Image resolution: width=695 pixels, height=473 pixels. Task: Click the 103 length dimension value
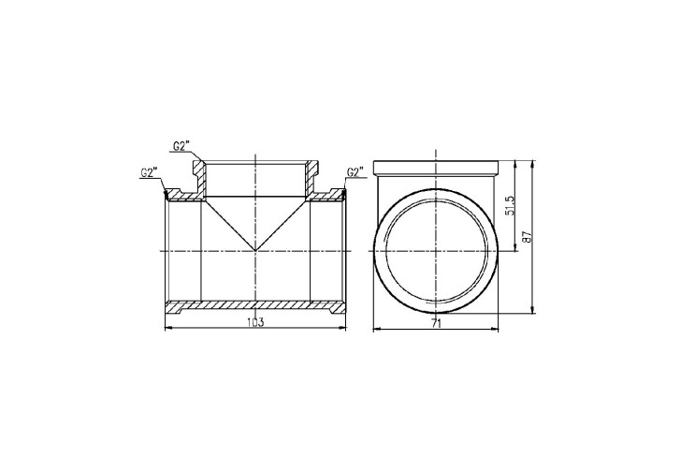tap(255, 321)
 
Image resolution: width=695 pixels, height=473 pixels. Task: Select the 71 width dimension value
tap(436, 323)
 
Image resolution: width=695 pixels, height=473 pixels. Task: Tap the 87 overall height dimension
tap(527, 236)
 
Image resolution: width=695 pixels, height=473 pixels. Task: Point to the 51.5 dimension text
tap(510, 206)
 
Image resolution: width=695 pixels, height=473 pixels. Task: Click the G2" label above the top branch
tap(181, 146)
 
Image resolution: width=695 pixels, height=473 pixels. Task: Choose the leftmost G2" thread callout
tap(150, 172)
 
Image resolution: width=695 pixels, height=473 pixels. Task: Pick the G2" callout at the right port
tap(355, 172)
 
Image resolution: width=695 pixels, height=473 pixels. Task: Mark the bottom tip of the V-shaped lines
tap(255, 250)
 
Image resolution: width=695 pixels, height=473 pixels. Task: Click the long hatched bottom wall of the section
tap(255, 305)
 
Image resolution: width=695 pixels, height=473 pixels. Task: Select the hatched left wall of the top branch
tap(199, 177)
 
